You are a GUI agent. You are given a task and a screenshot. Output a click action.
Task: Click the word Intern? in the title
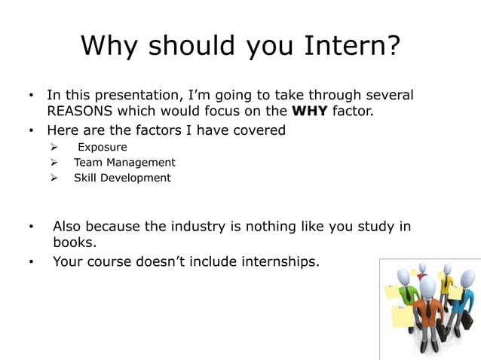coord(352,47)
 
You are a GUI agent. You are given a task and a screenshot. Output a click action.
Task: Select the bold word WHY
coord(309,113)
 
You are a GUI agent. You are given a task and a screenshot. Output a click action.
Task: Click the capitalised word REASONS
coord(85,113)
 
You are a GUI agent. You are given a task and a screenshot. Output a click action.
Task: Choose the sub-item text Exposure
coord(103,147)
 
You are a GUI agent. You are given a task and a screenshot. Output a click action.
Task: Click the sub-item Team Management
coord(124,163)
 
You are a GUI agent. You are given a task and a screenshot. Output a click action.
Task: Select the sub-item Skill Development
coord(122,178)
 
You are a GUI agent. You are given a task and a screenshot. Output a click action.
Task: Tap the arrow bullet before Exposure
coord(54,147)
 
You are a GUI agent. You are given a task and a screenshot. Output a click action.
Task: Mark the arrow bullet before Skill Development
coord(54,178)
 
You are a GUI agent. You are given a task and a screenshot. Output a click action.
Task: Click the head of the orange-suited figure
coord(427,288)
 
